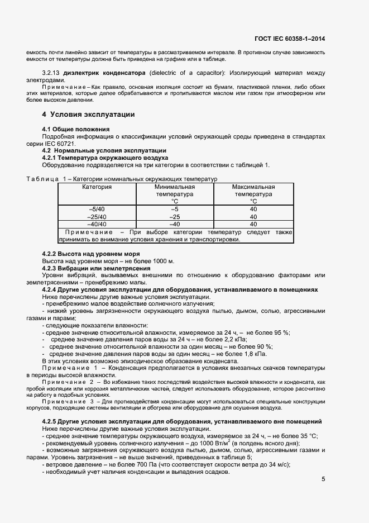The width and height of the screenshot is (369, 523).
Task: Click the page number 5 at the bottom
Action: click(323, 478)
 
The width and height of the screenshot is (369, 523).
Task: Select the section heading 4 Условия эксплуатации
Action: click(88, 115)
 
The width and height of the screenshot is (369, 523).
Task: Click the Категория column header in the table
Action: click(97, 187)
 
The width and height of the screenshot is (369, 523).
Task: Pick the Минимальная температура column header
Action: click(174, 194)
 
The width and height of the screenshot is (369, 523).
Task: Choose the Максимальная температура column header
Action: click(253, 194)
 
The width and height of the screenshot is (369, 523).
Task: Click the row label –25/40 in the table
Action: click(97, 216)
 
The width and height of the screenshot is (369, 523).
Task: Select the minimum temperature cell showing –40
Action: click(174, 224)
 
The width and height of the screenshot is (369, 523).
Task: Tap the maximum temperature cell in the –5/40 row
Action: click(253, 209)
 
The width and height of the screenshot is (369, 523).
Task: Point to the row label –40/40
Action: click(97, 224)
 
